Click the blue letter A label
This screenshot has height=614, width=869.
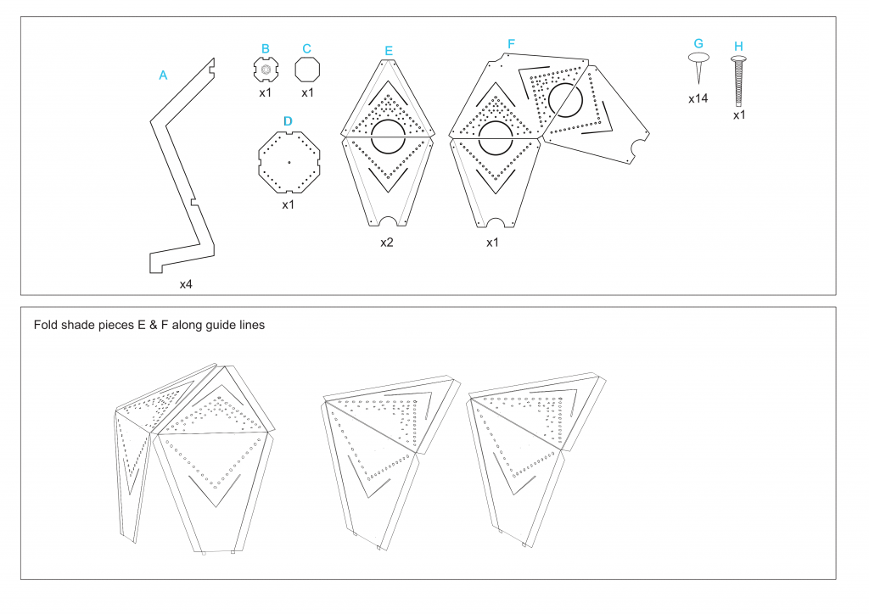click(x=163, y=75)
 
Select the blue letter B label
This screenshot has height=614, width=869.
click(x=266, y=49)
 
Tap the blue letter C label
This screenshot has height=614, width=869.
click(x=306, y=49)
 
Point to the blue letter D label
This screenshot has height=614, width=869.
click(x=288, y=121)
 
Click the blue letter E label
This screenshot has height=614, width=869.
click(x=389, y=51)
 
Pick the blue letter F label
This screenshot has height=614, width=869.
click(x=511, y=43)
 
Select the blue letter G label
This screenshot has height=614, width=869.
click(x=698, y=43)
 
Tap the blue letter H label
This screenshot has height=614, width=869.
click(x=738, y=46)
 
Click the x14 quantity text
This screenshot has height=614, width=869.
click(x=698, y=98)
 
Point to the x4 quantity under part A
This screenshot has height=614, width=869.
click(x=186, y=284)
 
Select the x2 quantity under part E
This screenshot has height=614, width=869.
click(x=387, y=243)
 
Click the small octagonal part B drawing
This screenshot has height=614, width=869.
click(x=266, y=70)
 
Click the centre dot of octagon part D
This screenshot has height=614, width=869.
click(x=289, y=161)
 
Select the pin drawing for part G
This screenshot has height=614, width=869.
click(x=698, y=67)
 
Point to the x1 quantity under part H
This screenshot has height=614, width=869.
click(x=739, y=114)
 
